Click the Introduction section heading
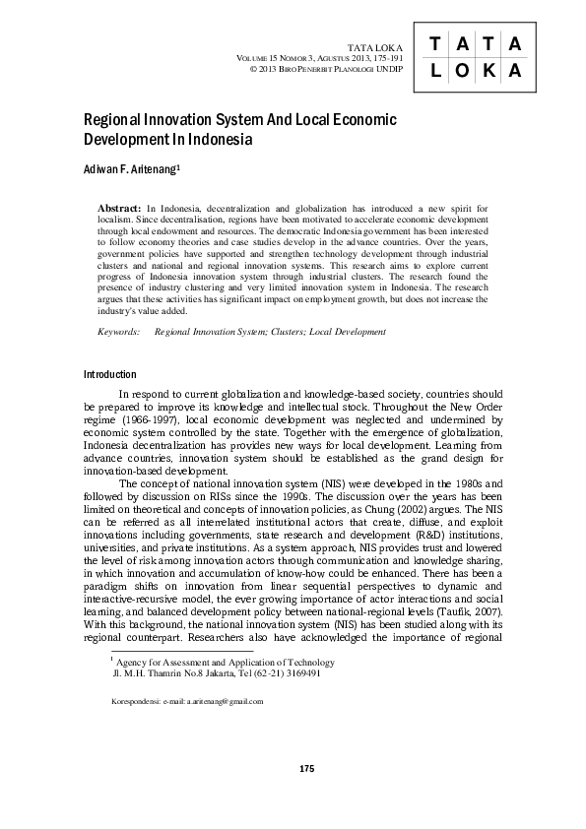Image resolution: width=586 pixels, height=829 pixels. point(110,374)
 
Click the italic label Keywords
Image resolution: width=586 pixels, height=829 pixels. point(119,333)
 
